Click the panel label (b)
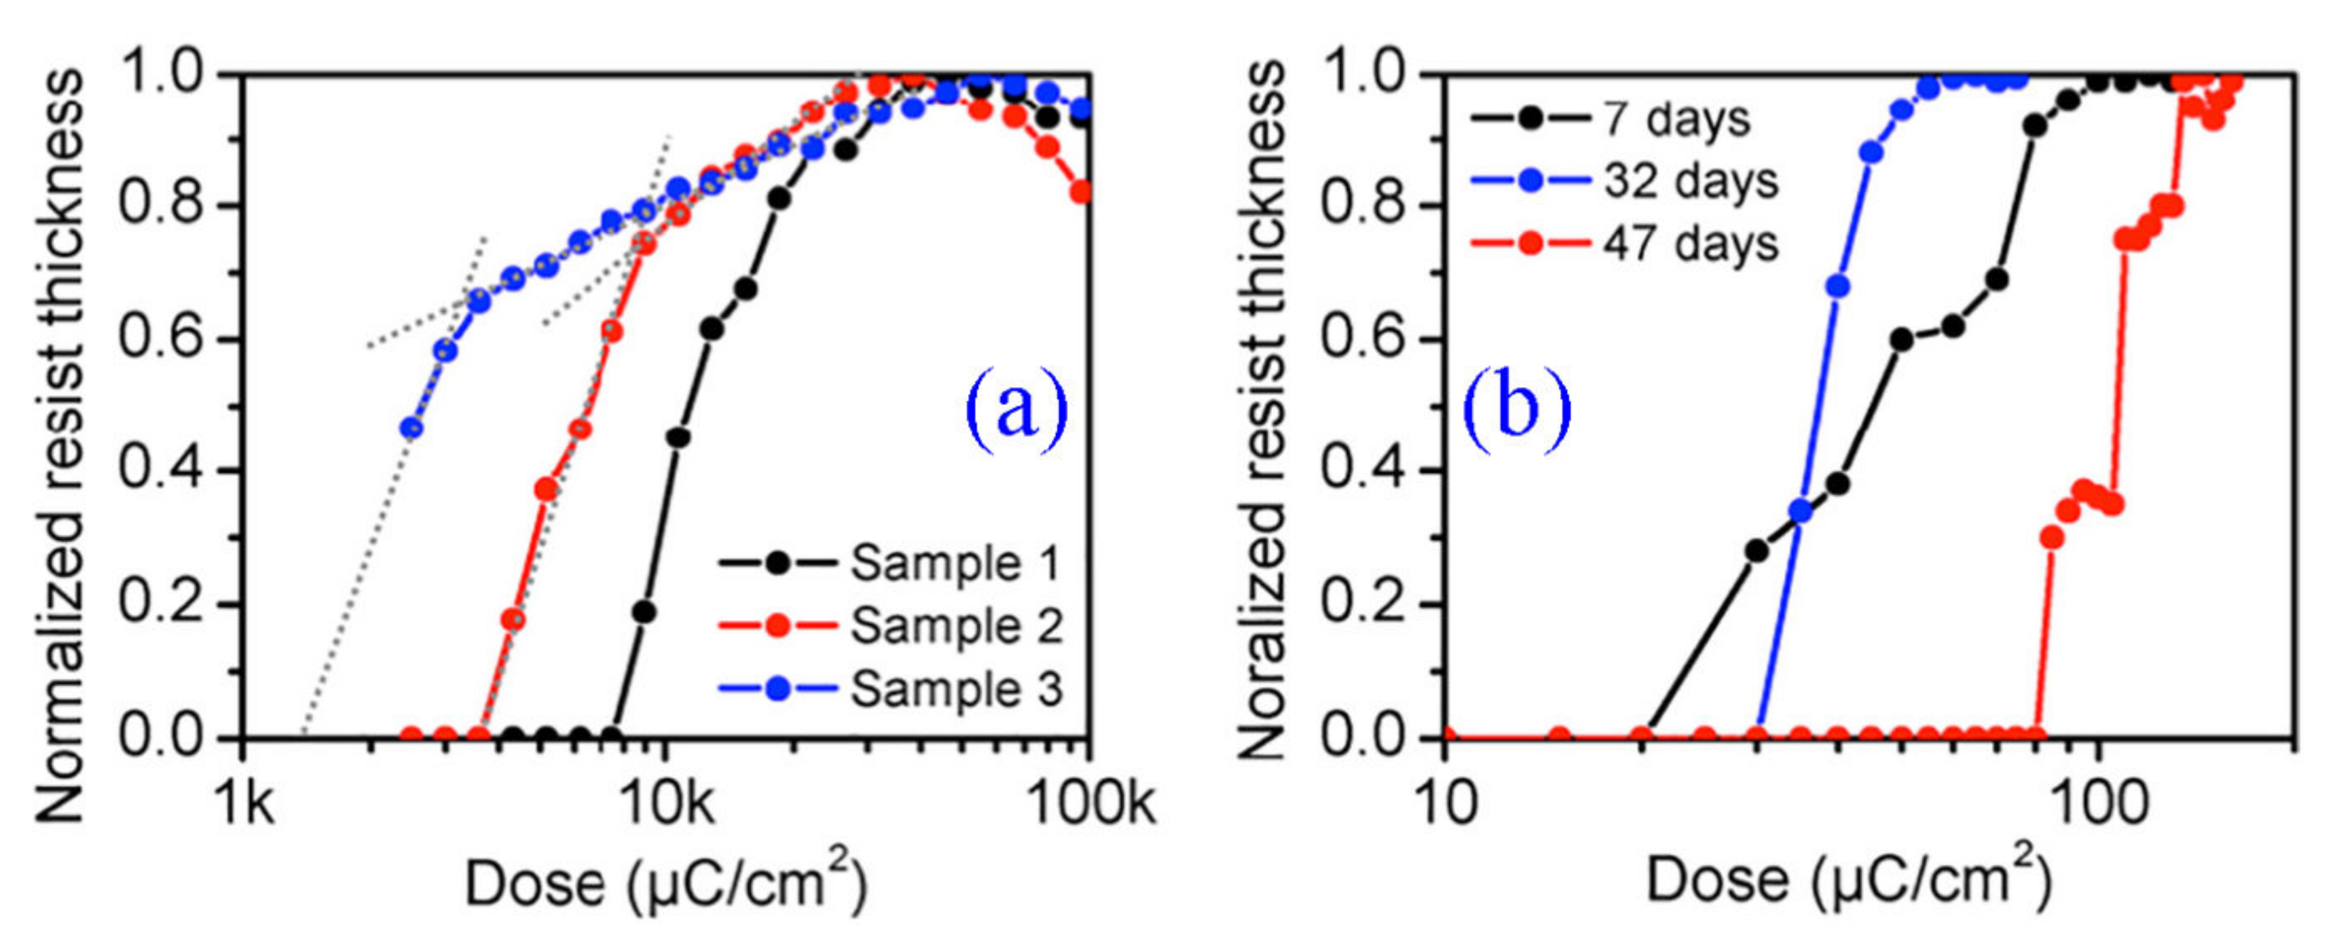coord(1517,407)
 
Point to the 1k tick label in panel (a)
coord(245,803)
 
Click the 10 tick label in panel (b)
coord(1446,803)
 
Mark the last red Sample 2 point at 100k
coord(1082,191)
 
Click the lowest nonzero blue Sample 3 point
coord(412,428)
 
